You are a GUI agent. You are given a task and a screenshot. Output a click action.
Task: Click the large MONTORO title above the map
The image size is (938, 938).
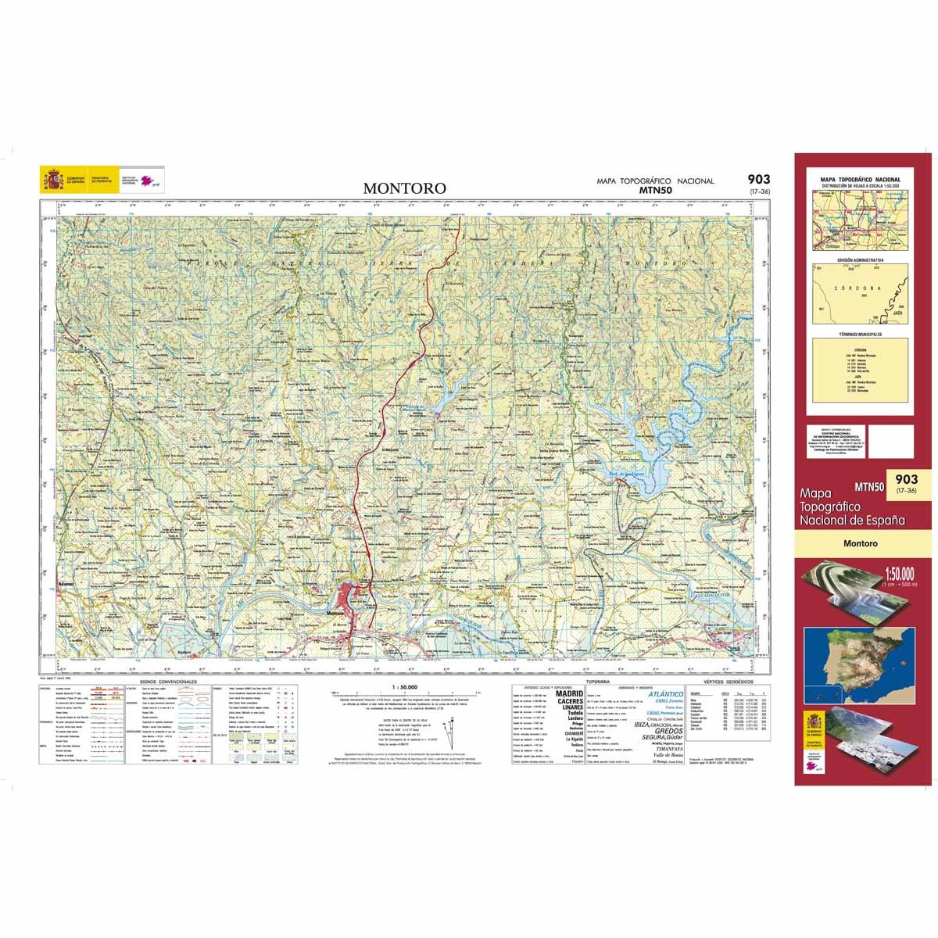[404, 188]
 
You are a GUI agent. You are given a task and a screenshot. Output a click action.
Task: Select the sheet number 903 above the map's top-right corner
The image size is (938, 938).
[757, 180]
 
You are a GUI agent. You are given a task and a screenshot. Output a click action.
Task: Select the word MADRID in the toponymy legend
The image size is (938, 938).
[568, 693]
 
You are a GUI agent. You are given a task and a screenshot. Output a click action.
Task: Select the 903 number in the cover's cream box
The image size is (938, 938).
[907, 479]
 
